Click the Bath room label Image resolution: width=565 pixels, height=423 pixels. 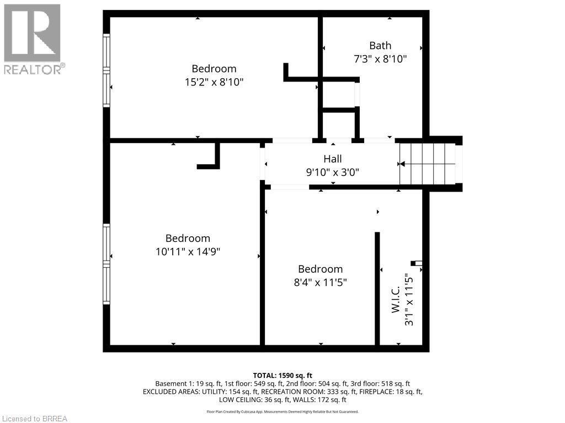pyautogui.click(x=380, y=46)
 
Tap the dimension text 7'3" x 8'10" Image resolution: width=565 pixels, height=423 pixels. pyautogui.click(x=380, y=59)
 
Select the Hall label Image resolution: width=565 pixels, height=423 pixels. pyautogui.click(x=333, y=159)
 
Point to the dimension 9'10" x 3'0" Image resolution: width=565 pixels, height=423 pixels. pyautogui.click(x=333, y=172)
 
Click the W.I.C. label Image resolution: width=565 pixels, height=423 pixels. pyautogui.click(x=396, y=300)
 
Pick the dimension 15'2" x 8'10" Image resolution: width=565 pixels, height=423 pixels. pyautogui.click(x=214, y=82)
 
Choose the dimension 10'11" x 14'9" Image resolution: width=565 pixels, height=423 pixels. pyautogui.click(x=188, y=251)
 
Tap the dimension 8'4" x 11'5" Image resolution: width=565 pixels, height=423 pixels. pyautogui.click(x=320, y=282)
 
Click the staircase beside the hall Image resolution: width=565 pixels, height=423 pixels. pyautogui.click(x=428, y=164)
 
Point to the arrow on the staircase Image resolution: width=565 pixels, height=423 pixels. pyautogui.click(x=402, y=164)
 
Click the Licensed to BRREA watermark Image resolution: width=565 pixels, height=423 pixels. pyautogui.click(x=34, y=419)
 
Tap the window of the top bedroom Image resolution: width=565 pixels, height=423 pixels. pyautogui.click(x=106, y=70)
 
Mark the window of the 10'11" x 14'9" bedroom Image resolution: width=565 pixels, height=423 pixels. pyautogui.click(x=106, y=264)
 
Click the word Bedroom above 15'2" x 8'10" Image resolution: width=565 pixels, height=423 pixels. pyautogui.click(x=214, y=69)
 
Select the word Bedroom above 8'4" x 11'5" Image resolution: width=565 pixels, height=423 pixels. pyautogui.click(x=320, y=269)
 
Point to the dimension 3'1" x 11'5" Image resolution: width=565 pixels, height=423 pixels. pyautogui.click(x=409, y=300)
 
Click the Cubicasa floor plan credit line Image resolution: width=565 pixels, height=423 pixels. pyautogui.click(x=282, y=411)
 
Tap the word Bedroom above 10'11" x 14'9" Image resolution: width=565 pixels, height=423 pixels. pyautogui.click(x=188, y=238)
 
